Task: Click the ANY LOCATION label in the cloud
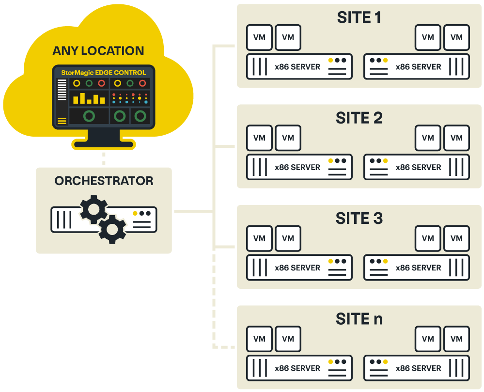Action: pos(98,51)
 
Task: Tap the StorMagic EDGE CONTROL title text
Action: pos(103,73)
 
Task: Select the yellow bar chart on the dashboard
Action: pos(89,98)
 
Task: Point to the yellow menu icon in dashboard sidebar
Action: pos(62,121)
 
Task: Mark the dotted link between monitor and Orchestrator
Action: pos(103,158)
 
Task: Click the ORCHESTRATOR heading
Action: pos(104,181)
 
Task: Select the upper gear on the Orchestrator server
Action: pos(94,209)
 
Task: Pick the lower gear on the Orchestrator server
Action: pos(112,229)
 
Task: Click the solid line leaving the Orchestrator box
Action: pos(192,211)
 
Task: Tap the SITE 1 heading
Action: pos(359,17)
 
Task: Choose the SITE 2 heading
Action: pos(359,118)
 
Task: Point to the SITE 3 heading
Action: pos(359,219)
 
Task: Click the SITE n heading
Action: pos(359,319)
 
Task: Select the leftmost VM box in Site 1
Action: pos(259,37)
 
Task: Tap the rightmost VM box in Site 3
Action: pos(456,238)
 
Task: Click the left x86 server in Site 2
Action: pos(299,167)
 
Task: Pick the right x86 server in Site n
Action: pos(417,368)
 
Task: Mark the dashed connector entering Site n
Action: pos(223,347)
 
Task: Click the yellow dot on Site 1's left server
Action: pos(331,61)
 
